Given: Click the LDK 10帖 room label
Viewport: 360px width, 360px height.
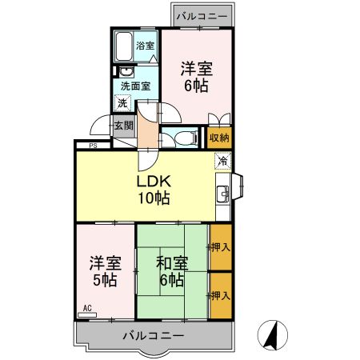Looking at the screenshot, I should coord(152,189).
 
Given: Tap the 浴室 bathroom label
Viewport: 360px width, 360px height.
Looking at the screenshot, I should coord(144,46).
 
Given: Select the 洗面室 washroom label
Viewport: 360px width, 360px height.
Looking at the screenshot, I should coord(135,85).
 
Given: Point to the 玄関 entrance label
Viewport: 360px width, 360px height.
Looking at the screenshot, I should coord(122,125).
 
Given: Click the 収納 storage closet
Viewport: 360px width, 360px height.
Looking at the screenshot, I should coord(220,138).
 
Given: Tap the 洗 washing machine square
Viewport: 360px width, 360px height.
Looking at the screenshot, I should coord(122,103).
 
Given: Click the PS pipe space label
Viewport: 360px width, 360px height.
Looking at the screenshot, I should coord(93,145).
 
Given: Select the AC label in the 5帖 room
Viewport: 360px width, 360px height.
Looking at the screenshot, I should coord(88,307).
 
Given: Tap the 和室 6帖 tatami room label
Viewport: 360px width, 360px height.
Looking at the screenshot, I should coord(171,271).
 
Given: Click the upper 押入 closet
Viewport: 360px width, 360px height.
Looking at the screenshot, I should coord(221,247).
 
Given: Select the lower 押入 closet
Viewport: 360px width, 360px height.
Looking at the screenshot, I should coord(221,295).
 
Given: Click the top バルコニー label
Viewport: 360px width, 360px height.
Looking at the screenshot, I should coord(201,15).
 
